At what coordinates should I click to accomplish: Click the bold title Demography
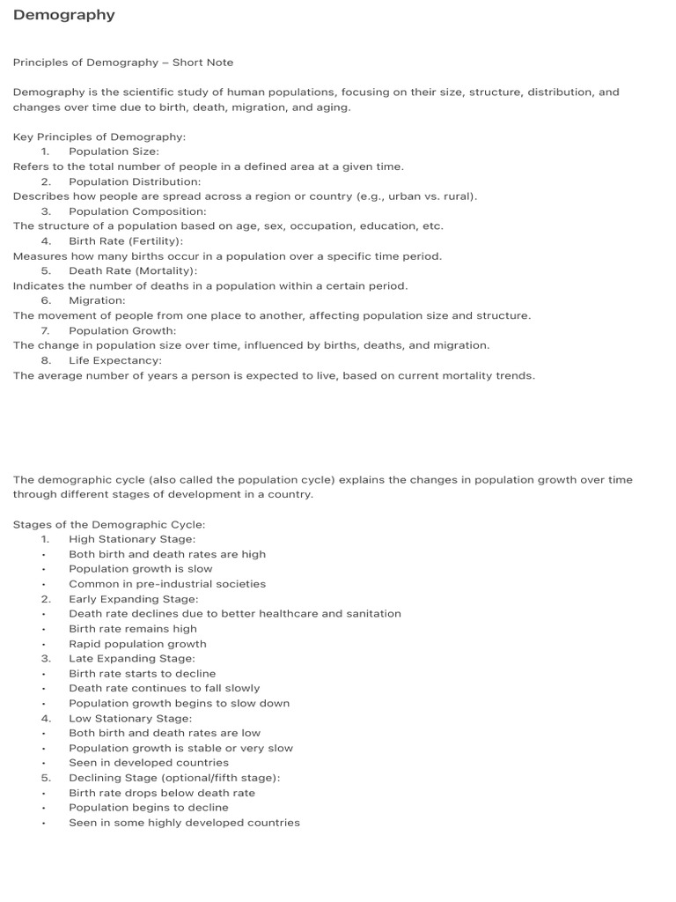tap(63, 15)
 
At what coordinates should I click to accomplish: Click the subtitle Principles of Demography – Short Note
tap(122, 63)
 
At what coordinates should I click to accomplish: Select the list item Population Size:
tap(114, 152)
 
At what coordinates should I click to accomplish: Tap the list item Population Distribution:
tap(135, 181)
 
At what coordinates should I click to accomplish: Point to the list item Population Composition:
tap(137, 211)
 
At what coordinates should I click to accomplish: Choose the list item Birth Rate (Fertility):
tap(126, 241)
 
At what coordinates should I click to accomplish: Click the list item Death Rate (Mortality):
tap(133, 271)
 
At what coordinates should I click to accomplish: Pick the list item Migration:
tap(97, 300)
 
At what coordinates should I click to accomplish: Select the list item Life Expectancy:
tap(115, 360)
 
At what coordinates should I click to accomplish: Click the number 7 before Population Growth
tap(45, 330)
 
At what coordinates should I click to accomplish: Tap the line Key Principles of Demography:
tap(99, 137)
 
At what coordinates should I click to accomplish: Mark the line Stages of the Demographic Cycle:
tap(108, 524)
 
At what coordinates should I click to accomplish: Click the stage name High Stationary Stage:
tap(132, 539)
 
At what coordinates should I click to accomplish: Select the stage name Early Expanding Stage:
tap(134, 599)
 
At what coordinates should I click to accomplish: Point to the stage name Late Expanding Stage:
tap(132, 658)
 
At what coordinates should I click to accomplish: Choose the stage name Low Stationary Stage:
tap(130, 718)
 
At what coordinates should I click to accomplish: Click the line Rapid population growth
tap(137, 644)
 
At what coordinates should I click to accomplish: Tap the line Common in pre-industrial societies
tap(167, 584)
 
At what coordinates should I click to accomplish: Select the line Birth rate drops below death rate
tap(162, 793)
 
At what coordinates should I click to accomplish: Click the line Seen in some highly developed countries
tap(184, 823)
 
